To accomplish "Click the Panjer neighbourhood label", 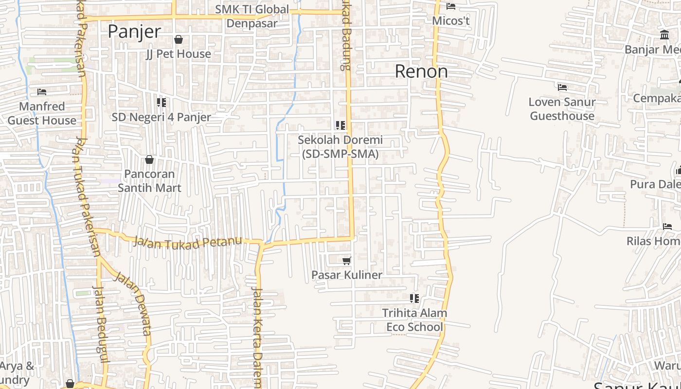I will [x=134, y=32].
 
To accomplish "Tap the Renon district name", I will [x=421, y=71].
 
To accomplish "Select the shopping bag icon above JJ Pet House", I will [x=179, y=39].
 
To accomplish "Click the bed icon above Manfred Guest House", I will [x=42, y=92].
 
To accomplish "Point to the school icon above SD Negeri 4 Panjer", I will [x=161, y=103].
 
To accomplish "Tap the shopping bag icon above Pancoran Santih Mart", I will [x=149, y=159].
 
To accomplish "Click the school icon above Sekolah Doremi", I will [x=340, y=125].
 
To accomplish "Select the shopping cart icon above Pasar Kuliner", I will [x=347, y=261].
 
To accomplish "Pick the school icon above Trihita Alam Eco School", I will [x=414, y=299].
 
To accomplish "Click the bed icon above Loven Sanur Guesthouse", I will [x=562, y=88].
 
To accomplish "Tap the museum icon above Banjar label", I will [x=664, y=35].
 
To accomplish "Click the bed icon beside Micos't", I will [x=451, y=6].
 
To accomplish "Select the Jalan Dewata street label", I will [x=133, y=303].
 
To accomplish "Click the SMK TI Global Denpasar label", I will [x=252, y=16].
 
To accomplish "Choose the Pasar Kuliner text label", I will [x=347, y=275].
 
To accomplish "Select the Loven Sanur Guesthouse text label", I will [x=562, y=109].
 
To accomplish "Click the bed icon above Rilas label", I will [x=667, y=227].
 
